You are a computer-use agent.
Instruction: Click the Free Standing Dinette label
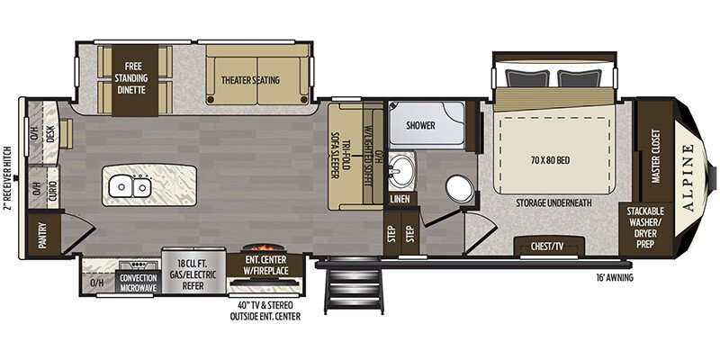(x=135, y=78)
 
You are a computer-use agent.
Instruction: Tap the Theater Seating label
(x=251, y=80)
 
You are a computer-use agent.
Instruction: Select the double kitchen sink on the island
(x=130, y=186)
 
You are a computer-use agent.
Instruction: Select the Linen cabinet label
(x=400, y=199)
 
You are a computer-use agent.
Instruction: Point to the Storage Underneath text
(x=553, y=202)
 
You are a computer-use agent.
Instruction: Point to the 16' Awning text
(x=614, y=278)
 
